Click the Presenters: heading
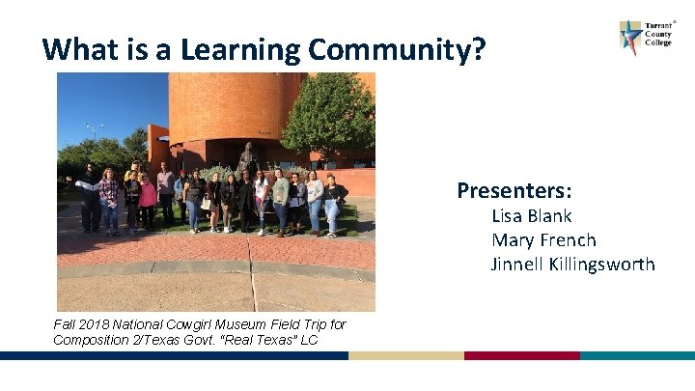[x=514, y=189]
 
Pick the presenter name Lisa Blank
[x=531, y=216]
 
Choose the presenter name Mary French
[x=543, y=240]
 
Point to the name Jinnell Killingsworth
[x=572, y=265]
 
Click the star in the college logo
[x=631, y=38]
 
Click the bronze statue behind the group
[x=248, y=158]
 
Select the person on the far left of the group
[x=89, y=198]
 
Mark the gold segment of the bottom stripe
[x=405, y=355]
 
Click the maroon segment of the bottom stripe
[x=521, y=355]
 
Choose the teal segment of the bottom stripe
[x=637, y=355]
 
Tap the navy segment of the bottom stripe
[x=174, y=355]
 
